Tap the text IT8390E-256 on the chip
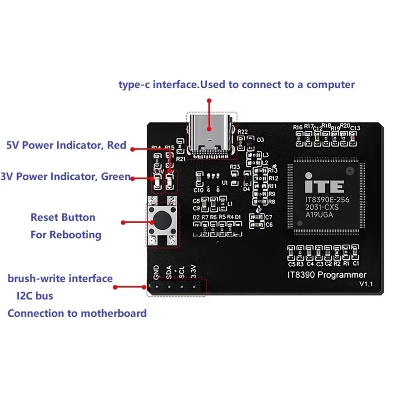pyautogui.click(x=327, y=200)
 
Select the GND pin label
pyautogui.click(x=157, y=272)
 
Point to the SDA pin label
pyautogui.click(x=169, y=272)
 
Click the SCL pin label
pyautogui.click(x=181, y=272)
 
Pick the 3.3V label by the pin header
pyautogui.click(x=194, y=271)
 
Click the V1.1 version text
pyautogui.click(x=366, y=284)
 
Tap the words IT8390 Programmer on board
pyautogui.click(x=327, y=275)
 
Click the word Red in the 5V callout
pyautogui.click(x=116, y=145)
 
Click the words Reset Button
pyautogui.click(x=63, y=217)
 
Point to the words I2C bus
pyautogui.click(x=35, y=296)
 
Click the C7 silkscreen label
pyautogui.click(x=269, y=217)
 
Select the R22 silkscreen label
pyautogui.click(x=242, y=132)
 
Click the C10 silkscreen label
pyautogui.click(x=198, y=190)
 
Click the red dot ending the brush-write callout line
pyautogui.click(x=115, y=287)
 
